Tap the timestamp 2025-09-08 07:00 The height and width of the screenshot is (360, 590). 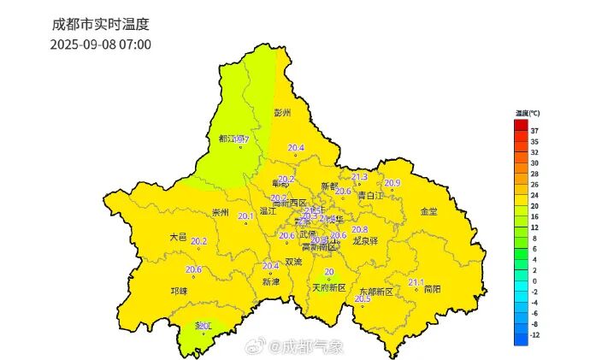100,44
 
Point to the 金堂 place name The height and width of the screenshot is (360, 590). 428,211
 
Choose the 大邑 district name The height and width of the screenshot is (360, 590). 179,237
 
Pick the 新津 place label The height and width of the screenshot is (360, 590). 271,281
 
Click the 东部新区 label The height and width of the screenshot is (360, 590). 376,292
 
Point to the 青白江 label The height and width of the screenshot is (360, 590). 369,196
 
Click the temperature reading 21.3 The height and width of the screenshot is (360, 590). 359,177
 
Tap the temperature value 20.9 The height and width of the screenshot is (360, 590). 392,183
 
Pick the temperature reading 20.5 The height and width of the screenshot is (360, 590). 363,298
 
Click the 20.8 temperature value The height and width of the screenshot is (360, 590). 359,229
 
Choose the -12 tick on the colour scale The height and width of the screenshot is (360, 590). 535,335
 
